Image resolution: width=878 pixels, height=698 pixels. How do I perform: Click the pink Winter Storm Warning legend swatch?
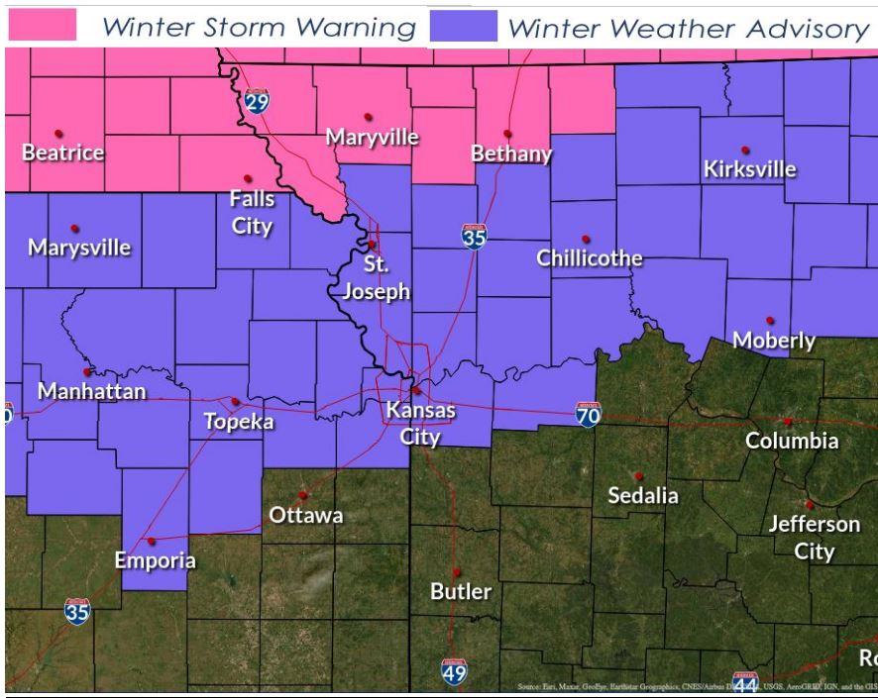point(41,27)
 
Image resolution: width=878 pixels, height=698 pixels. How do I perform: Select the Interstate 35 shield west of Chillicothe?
point(475,237)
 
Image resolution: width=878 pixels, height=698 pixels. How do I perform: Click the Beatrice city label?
point(62,153)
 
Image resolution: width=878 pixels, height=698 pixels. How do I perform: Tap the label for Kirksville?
point(749,169)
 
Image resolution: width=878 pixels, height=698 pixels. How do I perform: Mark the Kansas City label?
point(420,422)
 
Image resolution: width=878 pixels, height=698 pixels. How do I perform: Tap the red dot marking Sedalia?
point(638,475)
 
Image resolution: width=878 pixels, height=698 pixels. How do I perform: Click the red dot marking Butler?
point(457,571)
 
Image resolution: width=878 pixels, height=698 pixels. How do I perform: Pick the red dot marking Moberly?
point(769,321)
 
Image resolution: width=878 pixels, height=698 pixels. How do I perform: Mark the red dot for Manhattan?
point(87,372)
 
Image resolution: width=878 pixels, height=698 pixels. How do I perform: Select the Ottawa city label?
point(306,515)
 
